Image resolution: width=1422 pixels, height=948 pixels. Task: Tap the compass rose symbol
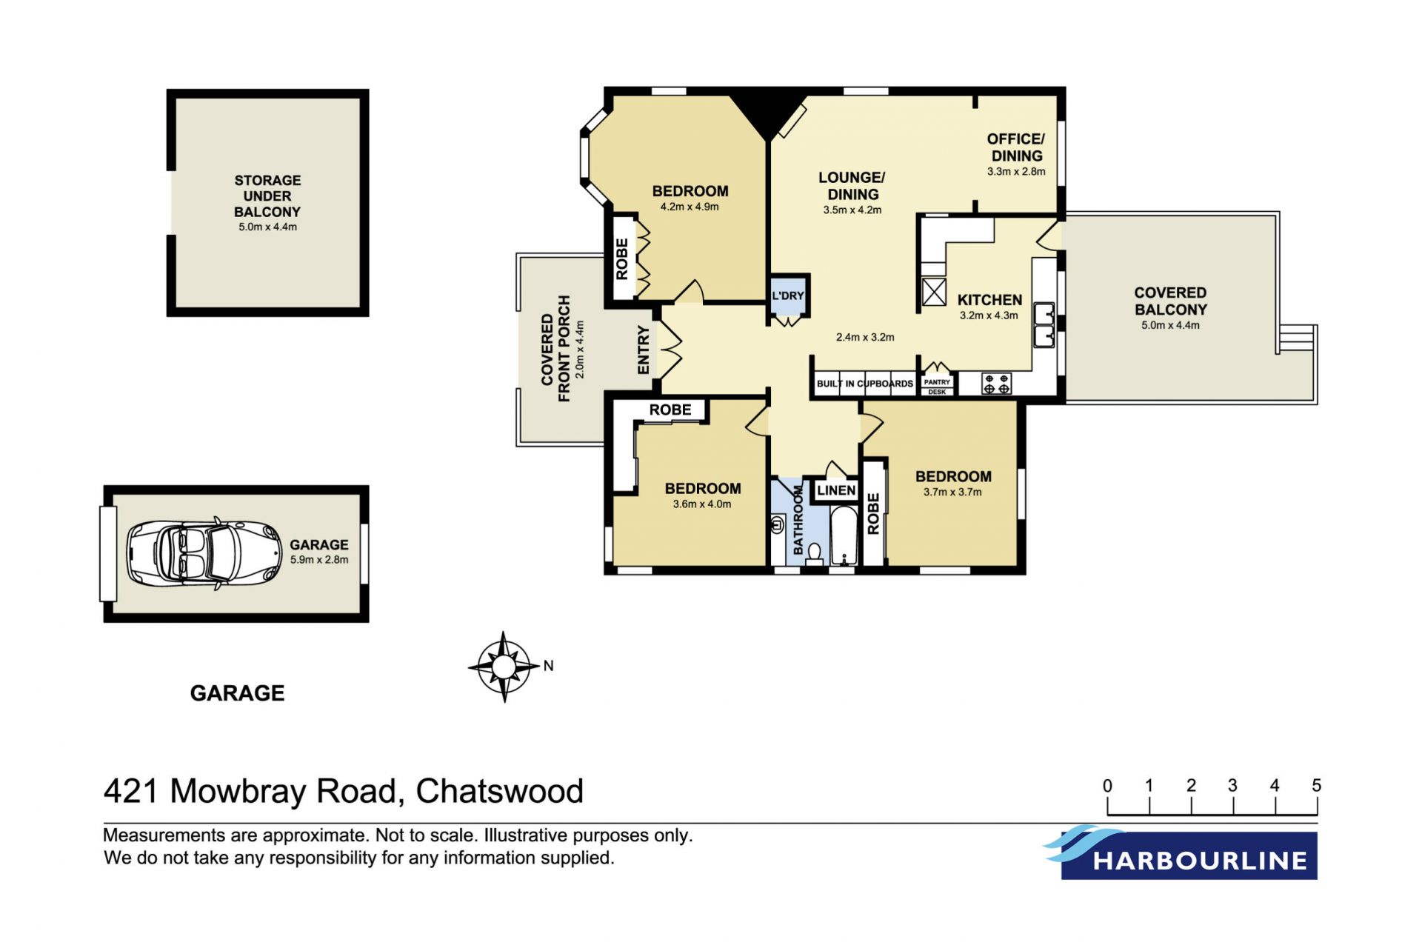click(504, 667)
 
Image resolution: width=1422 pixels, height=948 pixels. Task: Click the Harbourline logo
click(1181, 852)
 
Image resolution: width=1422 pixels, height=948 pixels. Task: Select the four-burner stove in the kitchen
click(996, 384)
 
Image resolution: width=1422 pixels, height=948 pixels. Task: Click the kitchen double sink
click(1044, 324)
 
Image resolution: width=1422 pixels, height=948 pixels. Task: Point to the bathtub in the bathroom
click(844, 535)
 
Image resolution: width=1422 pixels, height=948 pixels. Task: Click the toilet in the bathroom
click(814, 554)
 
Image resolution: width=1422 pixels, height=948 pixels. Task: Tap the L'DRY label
click(787, 296)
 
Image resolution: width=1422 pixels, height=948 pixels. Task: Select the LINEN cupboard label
click(836, 490)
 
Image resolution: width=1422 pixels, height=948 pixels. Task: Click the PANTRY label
click(937, 382)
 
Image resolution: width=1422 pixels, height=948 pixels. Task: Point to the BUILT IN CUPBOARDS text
click(865, 384)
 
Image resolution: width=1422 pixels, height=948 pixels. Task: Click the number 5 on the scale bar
click(1316, 785)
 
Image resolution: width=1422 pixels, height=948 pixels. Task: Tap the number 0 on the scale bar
click(1107, 785)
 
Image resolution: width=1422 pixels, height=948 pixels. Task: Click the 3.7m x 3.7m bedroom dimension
click(952, 492)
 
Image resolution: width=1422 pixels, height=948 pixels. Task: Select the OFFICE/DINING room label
click(1016, 147)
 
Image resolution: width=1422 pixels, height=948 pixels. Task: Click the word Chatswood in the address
click(500, 791)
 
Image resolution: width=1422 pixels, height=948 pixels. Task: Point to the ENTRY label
click(643, 350)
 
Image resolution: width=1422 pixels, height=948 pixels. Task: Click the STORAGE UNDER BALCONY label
click(267, 196)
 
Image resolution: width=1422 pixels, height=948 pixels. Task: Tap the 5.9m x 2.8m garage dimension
click(319, 560)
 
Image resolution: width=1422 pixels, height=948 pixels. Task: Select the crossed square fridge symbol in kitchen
click(934, 292)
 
